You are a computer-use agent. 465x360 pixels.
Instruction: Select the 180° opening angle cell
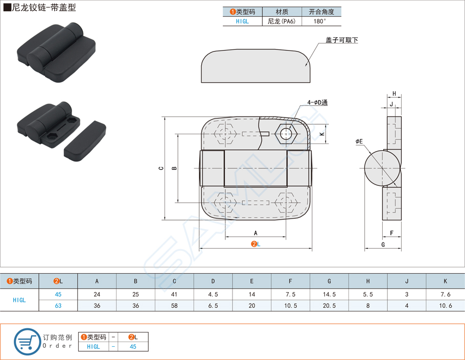coord(319,21)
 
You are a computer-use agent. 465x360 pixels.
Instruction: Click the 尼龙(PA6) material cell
coord(282,21)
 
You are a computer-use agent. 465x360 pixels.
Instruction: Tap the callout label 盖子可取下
coord(341,40)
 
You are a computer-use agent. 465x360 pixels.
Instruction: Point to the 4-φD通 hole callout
coord(317,103)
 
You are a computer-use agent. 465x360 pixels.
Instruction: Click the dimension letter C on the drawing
coord(160,169)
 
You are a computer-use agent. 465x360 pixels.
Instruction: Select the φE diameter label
coord(359,141)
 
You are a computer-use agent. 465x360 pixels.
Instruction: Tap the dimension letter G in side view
coord(383,245)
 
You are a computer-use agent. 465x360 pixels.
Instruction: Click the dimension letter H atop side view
coord(394,94)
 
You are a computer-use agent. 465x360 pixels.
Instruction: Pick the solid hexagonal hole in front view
coord(286,134)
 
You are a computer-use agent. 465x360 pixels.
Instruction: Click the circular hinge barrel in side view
coord(382,169)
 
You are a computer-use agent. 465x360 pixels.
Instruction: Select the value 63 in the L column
coord(58,305)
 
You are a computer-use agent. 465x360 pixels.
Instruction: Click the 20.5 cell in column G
coord(329,305)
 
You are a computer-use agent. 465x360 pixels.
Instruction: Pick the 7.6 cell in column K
coord(445,294)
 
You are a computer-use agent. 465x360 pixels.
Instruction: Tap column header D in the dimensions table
coord(213,281)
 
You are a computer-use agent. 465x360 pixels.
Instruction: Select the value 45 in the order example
coord(133,346)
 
